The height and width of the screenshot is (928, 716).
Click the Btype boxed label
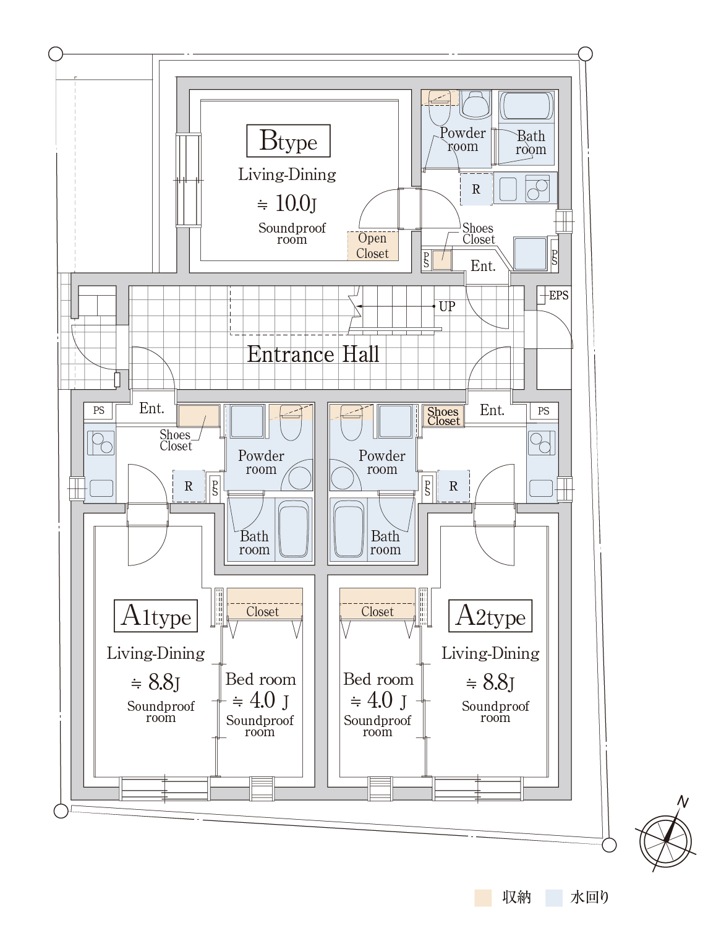(x=288, y=141)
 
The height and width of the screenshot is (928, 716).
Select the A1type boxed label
(x=156, y=616)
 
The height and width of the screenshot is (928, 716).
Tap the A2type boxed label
(x=490, y=616)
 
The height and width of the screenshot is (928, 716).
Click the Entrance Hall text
(x=313, y=354)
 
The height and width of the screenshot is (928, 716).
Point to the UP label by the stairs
(x=446, y=306)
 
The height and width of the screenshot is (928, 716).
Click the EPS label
(x=558, y=295)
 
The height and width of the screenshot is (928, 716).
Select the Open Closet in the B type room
(x=372, y=246)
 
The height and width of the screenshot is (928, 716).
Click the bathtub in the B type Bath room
(x=526, y=106)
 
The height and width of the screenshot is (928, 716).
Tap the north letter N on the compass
(x=683, y=802)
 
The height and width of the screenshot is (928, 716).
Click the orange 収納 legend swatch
(x=483, y=898)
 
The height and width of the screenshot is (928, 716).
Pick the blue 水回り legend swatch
(x=555, y=898)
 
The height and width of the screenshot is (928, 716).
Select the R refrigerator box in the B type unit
(x=476, y=189)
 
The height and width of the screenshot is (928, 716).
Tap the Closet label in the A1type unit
(x=263, y=611)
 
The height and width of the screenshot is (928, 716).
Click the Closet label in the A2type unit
(x=377, y=611)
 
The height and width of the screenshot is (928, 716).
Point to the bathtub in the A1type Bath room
(x=293, y=530)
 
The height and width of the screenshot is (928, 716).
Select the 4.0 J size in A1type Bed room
(x=260, y=700)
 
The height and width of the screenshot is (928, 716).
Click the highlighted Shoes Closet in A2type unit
(x=443, y=416)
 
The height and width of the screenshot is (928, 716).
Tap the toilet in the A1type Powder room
(x=290, y=421)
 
